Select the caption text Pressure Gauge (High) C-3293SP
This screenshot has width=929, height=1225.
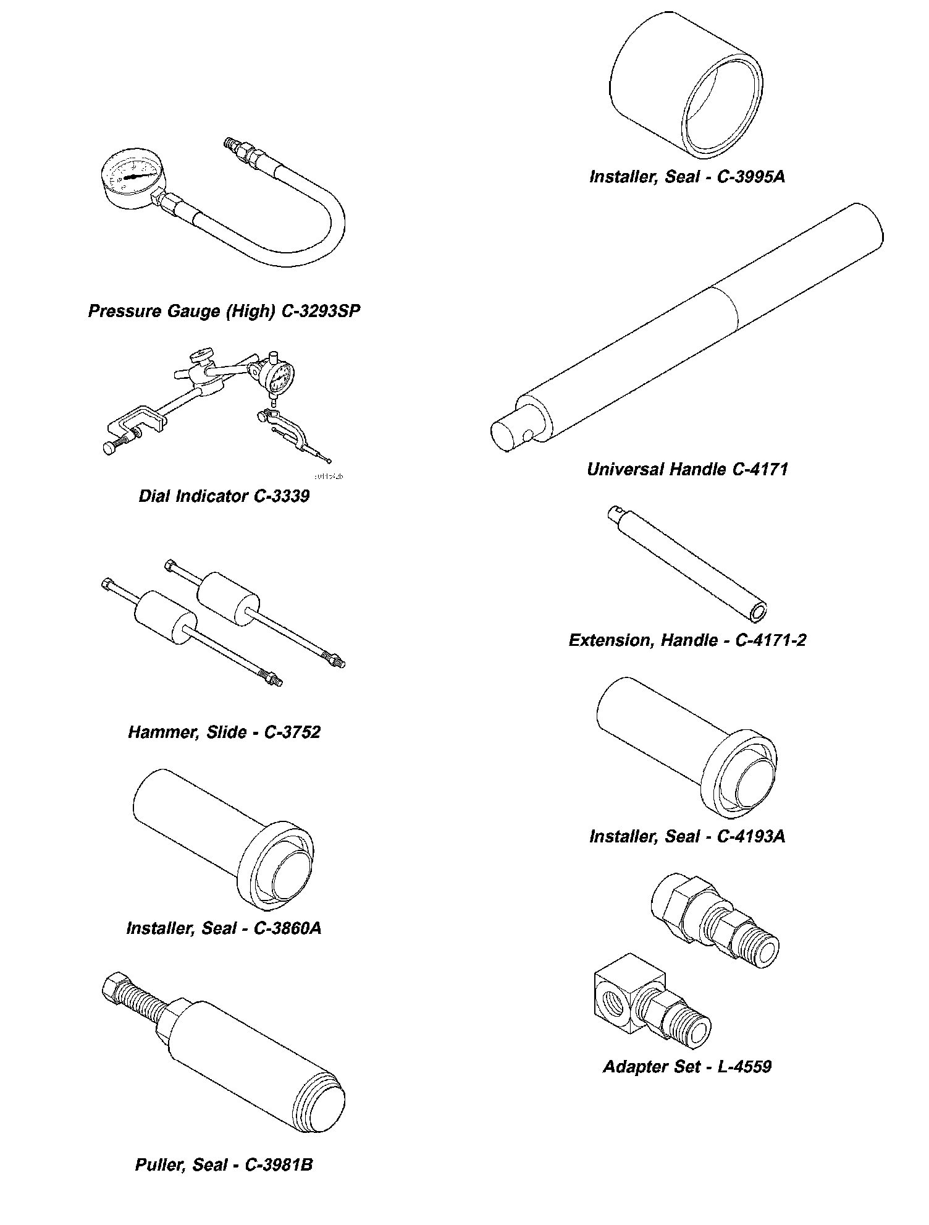pos(224,310)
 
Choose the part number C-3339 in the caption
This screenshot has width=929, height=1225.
pos(282,496)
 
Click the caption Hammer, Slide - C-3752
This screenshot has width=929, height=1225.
pos(224,732)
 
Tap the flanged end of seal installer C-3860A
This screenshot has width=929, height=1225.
pos(275,867)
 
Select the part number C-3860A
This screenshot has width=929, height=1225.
pos(287,928)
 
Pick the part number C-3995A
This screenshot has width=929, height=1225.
pos(751,177)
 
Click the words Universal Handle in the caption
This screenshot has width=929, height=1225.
pos(657,469)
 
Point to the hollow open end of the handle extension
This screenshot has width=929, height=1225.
pos(757,612)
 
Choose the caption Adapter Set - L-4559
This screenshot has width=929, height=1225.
pos(687,1066)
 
